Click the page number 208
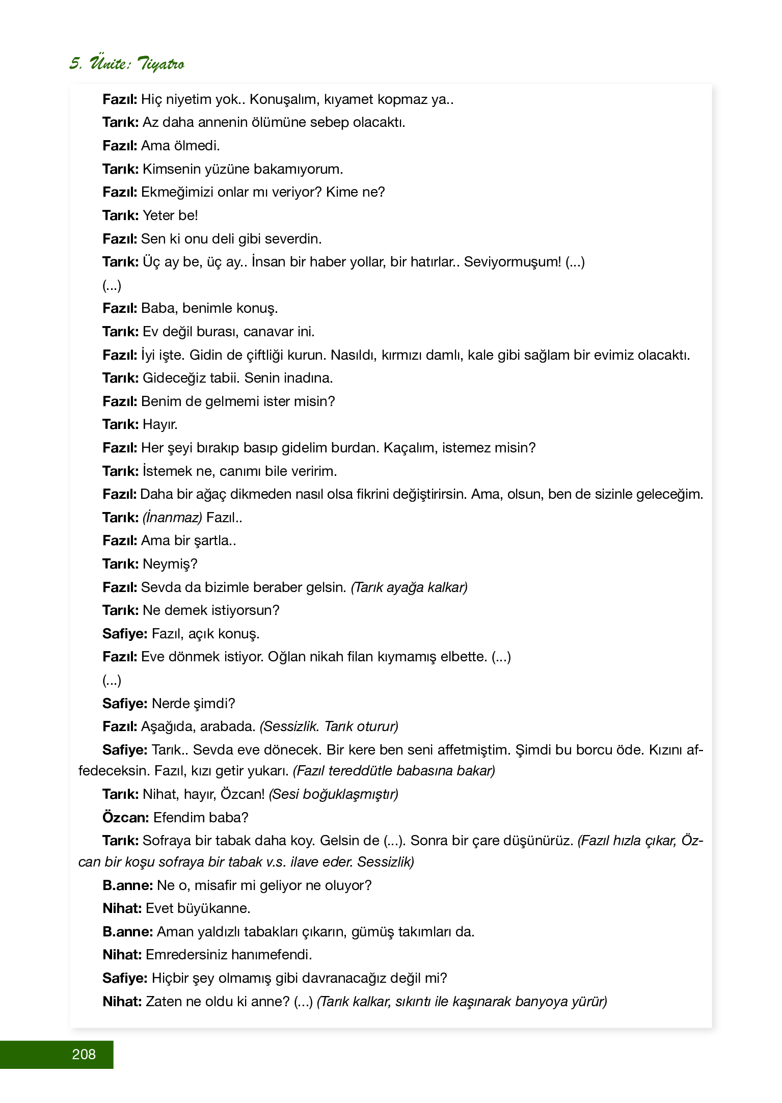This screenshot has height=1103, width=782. pos(84,1054)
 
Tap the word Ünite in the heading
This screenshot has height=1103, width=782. pos(110,63)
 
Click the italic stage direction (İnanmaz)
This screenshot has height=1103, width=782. pos(172,518)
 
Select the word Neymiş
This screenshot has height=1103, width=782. pos(170,564)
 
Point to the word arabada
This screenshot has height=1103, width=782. pos(227,727)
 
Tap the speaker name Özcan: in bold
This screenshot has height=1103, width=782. pos(125,818)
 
